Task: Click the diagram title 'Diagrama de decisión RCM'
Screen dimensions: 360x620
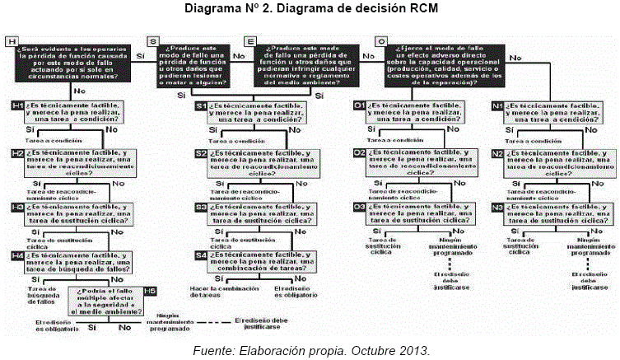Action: click(310, 8)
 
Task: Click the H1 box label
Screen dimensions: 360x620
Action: click(18, 106)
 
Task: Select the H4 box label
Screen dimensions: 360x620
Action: click(18, 256)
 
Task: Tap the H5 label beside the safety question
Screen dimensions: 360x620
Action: click(151, 291)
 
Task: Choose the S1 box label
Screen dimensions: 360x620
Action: click(201, 106)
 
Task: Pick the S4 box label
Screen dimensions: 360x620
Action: click(201, 255)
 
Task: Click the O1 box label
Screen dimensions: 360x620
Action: click(359, 106)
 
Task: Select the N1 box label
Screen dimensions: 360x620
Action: click(497, 106)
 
